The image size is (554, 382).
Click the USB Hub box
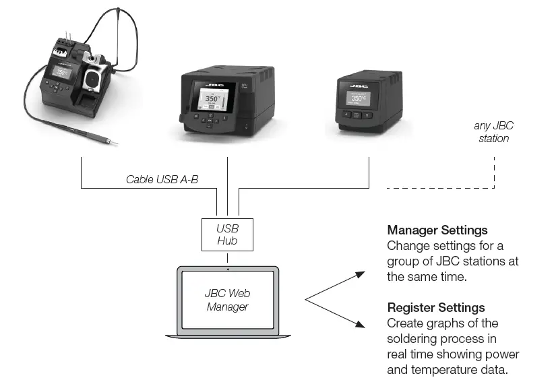coord(227,234)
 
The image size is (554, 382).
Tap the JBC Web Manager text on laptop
coord(227,300)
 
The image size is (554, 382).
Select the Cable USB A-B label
coord(162,179)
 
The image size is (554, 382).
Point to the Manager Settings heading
coord(437,230)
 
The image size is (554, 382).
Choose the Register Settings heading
coord(435,308)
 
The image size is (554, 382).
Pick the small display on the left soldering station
coord(60,73)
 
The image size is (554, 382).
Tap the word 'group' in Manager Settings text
coord(403,261)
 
